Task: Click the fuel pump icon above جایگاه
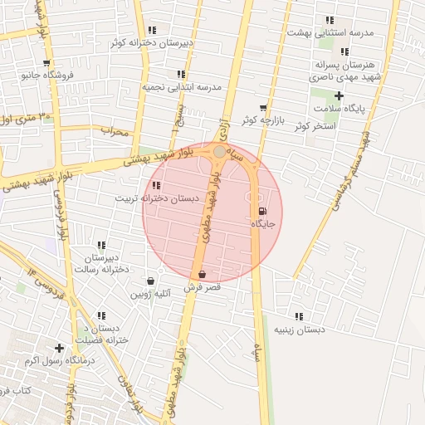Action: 263,212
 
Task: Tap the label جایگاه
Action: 263,224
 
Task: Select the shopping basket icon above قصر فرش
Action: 202,274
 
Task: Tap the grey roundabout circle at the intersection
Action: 219,152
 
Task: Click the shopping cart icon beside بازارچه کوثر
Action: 263,108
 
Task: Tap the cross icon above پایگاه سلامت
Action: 338,96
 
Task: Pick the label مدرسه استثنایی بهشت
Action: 330,32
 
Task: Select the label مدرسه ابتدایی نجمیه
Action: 181,86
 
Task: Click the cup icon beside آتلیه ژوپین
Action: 150,281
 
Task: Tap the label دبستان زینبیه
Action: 299,330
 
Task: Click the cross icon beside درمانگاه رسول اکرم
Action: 58,348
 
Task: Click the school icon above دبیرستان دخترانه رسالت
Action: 101,245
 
